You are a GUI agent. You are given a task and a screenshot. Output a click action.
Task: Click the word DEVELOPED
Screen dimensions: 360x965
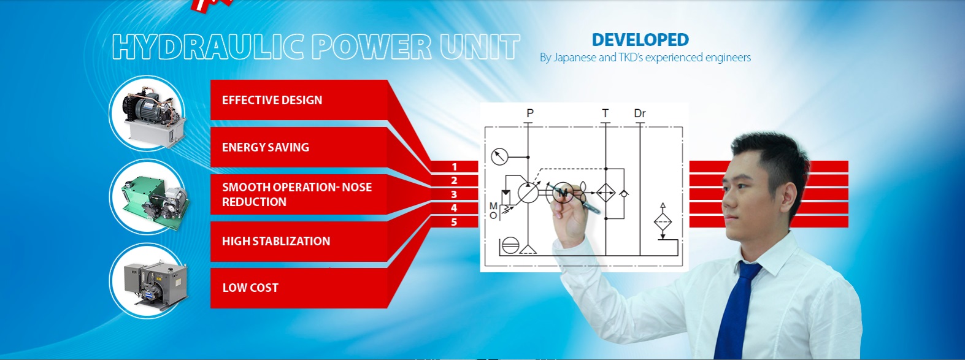coord(640,40)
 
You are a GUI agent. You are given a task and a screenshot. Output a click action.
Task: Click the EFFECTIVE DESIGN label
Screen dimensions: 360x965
coord(272,100)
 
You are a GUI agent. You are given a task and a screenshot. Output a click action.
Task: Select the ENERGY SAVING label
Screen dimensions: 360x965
coord(265,147)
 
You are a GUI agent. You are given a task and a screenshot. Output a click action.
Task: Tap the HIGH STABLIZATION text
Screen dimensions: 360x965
coord(275,241)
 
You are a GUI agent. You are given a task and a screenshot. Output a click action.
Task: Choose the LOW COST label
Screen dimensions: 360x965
coord(250,288)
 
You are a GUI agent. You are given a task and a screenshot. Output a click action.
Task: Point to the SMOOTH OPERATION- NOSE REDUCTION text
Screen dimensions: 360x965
coord(296,194)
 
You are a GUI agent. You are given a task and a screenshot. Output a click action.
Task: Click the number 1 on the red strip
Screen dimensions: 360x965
coord(454,167)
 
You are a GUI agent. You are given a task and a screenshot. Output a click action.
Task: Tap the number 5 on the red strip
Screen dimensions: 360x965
coord(454,222)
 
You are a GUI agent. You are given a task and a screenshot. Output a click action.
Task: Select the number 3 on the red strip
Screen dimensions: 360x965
coord(454,194)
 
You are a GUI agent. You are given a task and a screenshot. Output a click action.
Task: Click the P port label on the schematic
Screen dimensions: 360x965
coord(530,113)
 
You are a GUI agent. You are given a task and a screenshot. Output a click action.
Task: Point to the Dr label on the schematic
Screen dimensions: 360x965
coord(639,113)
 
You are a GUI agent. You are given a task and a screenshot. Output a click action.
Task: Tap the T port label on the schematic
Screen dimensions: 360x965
coord(605,113)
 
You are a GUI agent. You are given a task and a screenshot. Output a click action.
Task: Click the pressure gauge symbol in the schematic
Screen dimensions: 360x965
coord(500,156)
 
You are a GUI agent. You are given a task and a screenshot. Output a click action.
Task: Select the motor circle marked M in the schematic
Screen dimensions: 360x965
coord(562,193)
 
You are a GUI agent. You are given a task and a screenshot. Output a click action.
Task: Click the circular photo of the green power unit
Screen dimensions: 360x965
coord(149,197)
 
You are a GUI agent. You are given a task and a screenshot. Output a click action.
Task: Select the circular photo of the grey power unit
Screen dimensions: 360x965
coord(149,281)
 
